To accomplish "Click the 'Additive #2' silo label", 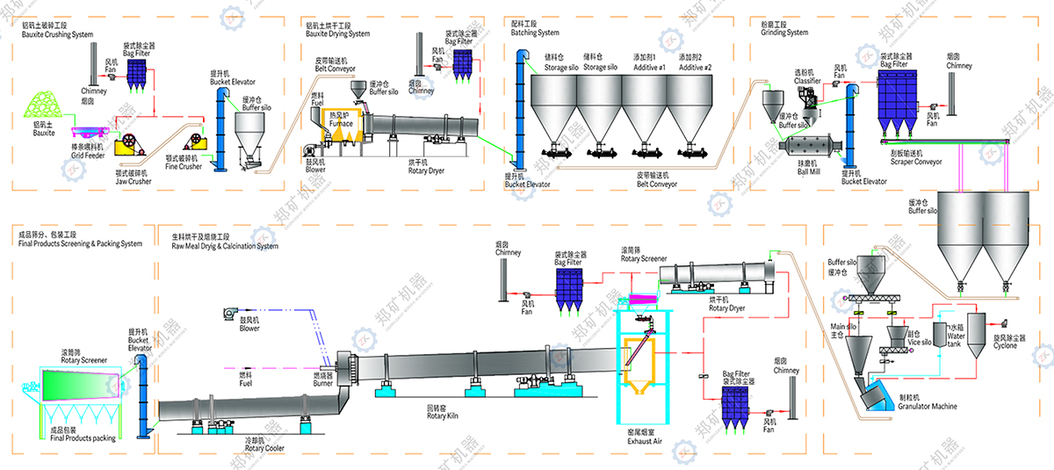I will coord(690,68).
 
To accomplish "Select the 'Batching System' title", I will coord(535,33).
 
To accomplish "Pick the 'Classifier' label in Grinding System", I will coord(807,81).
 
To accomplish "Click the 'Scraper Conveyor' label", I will coord(916,162).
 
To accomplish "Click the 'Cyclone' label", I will coord(1006,345).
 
